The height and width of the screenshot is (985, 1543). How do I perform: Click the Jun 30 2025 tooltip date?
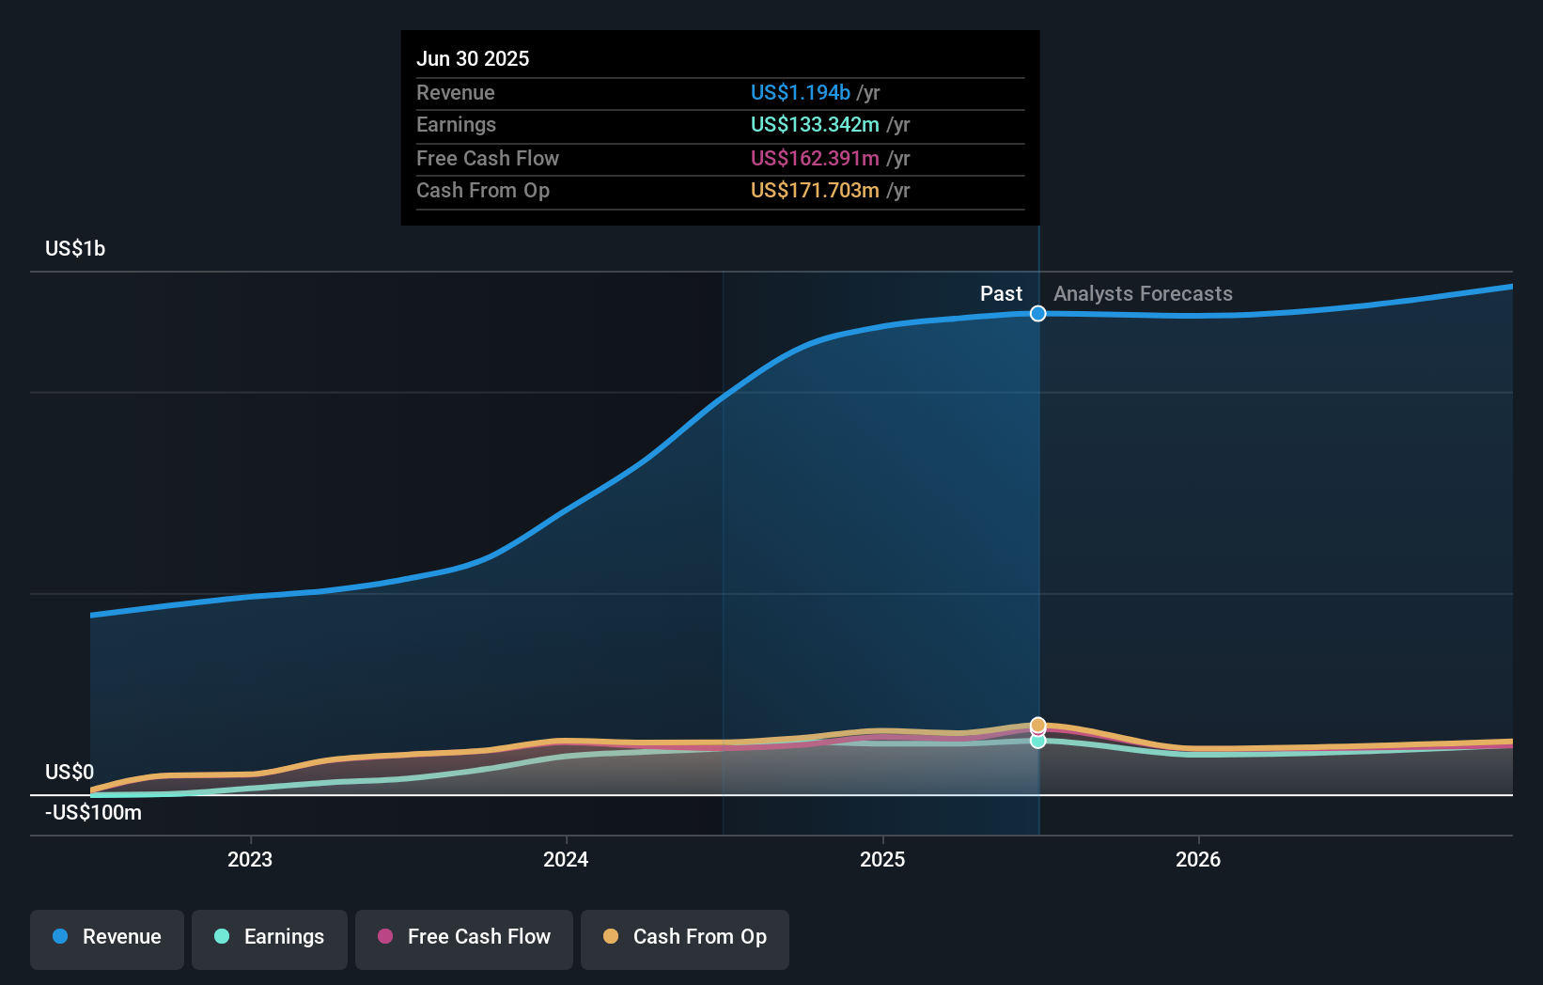point(473,58)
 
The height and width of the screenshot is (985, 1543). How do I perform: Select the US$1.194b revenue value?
point(800,92)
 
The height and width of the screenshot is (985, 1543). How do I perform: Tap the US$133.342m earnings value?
point(815,124)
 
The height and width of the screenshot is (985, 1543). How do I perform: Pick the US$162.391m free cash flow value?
point(815,158)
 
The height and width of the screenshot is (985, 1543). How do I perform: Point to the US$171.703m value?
point(815,190)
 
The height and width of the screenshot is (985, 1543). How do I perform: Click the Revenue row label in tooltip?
point(455,92)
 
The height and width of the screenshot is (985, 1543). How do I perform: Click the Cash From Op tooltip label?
point(482,190)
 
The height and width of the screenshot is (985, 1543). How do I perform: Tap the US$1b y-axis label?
point(75,248)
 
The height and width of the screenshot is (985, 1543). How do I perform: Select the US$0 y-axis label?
point(70,772)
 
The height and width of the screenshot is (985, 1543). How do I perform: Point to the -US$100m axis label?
point(93,812)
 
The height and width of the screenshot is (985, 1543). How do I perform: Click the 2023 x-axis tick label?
point(250,859)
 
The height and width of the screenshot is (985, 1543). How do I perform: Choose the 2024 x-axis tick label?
point(566,859)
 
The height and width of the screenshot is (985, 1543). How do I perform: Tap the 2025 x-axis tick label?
point(882,859)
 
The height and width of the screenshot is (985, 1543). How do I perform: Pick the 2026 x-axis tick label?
point(1198,859)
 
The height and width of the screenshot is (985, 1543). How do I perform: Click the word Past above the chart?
point(1001,293)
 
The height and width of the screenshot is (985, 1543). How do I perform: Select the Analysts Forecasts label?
point(1143,293)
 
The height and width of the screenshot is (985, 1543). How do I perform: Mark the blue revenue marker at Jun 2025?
point(1037,313)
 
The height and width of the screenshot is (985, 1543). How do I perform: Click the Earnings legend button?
point(270,937)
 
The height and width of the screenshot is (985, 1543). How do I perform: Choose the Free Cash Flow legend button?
point(464,937)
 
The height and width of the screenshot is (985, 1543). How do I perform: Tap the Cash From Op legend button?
point(685,937)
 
